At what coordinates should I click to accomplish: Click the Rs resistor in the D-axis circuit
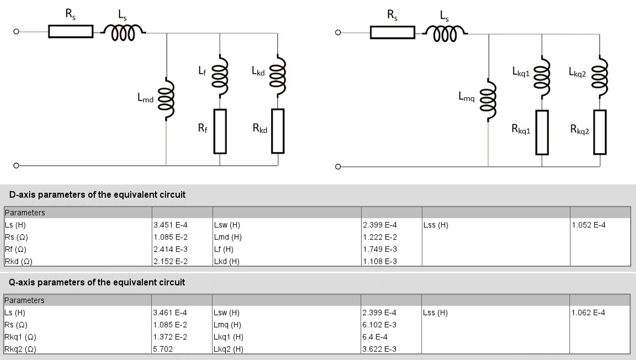(x=70, y=32)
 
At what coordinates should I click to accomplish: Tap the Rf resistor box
(x=220, y=131)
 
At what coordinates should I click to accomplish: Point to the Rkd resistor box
(x=278, y=131)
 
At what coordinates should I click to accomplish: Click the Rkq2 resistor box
(x=600, y=132)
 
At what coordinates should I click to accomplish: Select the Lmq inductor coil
(x=488, y=98)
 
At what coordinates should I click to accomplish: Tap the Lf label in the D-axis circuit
(x=202, y=71)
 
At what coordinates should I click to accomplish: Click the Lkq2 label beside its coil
(x=577, y=72)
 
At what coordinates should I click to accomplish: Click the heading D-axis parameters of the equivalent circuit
(x=97, y=194)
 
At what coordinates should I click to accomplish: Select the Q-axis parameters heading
(x=97, y=282)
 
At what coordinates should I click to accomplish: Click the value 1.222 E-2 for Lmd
(x=380, y=237)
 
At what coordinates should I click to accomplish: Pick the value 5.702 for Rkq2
(x=164, y=349)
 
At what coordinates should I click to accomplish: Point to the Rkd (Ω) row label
(x=18, y=261)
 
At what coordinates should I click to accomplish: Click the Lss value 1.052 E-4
(x=588, y=225)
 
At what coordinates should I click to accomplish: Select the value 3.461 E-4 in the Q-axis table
(x=171, y=313)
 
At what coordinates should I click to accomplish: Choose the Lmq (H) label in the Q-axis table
(x=228, y=325)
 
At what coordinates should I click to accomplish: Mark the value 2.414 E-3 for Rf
(x=171, y=249)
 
